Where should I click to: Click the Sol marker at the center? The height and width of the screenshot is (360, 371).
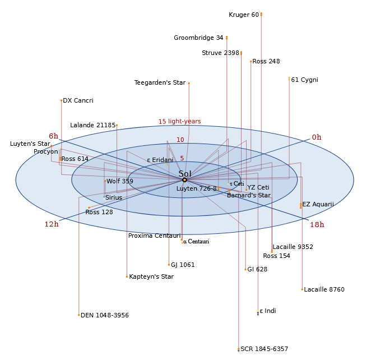click(184, 180)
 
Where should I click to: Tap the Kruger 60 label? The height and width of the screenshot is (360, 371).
click(244, 15)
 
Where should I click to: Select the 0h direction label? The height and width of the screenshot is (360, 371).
click(317, 137)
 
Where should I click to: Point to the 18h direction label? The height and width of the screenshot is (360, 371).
click(317, 225)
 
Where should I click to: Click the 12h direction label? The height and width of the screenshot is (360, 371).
click(52, 224)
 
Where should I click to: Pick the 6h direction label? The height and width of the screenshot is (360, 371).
click(53, 136)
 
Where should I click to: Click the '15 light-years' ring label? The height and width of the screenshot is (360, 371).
click(179, 121)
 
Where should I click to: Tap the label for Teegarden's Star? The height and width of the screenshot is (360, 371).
click(160, 83)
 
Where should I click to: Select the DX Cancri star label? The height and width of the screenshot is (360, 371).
click(78, 101)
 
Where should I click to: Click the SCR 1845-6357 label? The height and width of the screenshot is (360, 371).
click(264, 349)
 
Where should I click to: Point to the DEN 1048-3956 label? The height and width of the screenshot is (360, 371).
click(105, 316)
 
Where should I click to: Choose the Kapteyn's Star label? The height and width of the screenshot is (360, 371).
click(151, 276)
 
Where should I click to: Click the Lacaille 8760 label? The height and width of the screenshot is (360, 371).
click(324, 290)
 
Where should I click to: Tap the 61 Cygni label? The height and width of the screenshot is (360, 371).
click(304, 80)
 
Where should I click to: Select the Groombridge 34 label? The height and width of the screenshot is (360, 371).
click(198, 38)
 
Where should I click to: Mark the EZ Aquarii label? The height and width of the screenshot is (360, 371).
click(318, 205)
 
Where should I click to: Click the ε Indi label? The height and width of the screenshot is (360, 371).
click(267, 311)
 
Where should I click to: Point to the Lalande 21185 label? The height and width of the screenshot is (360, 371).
click(92, 126)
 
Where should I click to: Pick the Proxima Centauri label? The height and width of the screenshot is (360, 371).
click(154, 236)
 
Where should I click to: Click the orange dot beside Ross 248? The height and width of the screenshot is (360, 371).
click(251, 62)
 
